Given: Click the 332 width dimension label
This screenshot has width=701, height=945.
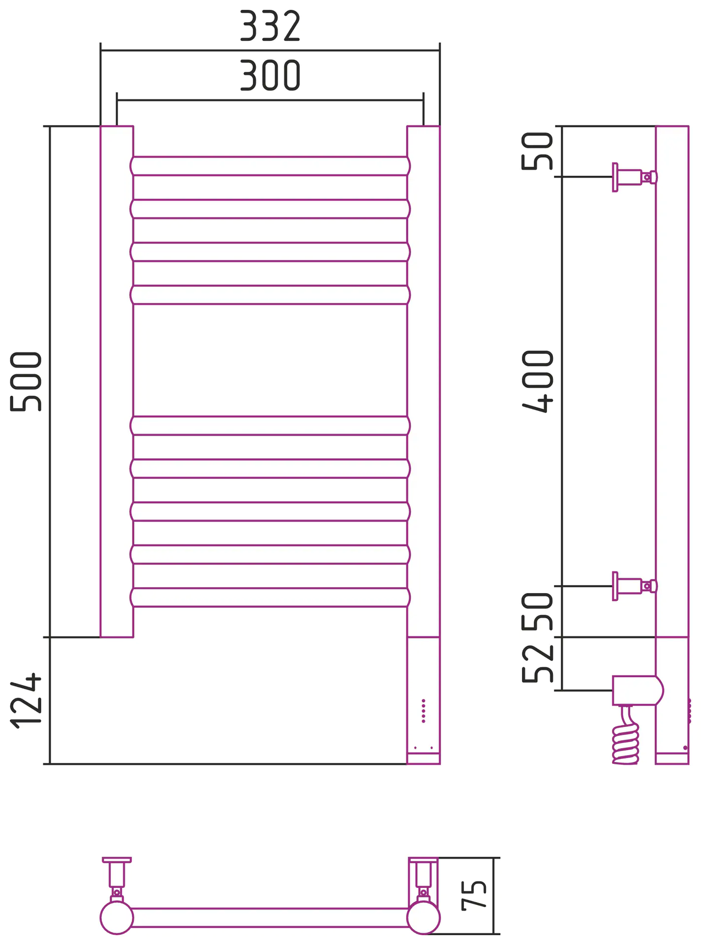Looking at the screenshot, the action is pyautogui.click(x=270, y=26).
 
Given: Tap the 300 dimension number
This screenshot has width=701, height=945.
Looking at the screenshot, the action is pyautogui.click(x=270, y=75).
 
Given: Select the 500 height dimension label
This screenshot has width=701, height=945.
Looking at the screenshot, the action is pyautogui.click(x=26, y=381).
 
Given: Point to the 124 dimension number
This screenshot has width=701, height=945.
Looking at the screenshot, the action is pyautogui.click(x=26, y=700).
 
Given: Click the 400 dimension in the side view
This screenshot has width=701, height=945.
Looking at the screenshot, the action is pyautogui.click(x=538, y=381).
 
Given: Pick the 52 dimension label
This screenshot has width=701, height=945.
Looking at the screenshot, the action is pyautogui.click(x=538, y=663).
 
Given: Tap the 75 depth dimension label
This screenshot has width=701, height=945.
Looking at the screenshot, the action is pyautogui.click(x=474, y=896).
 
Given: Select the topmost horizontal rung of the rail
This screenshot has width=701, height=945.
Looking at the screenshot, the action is pyautogui.click(x=270, y=166).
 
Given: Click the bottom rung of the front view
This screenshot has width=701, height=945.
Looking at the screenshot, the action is pyautogui.click(x=270, y=597).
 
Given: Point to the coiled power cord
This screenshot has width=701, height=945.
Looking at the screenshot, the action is pyautogui.click(x=626, y=738).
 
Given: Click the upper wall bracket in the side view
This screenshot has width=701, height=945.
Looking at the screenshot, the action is pyautogui.click(x=635, y=177).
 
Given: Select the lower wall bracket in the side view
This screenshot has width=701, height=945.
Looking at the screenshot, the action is pyautogui.click(x=635, y=586).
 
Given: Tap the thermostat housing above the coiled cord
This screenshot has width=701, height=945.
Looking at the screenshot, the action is pyautogui.click(x=638, y=690).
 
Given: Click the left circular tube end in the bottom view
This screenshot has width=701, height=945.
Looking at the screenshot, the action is pyautogui.click(x=117, y=917).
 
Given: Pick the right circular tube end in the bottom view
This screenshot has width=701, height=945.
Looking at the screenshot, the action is pyautogui.click(x=424, y=917).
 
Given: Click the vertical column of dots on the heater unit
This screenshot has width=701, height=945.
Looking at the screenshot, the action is pyautogui.click(x=423, y=711).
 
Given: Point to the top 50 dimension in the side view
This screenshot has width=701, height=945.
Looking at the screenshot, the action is pyautogui.click(x=538, y=151).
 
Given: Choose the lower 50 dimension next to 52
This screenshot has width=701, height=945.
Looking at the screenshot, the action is pyautogui.click(x=538, y=611).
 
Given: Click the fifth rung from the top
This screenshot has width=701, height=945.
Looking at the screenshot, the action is pyautogui.click(x=270, y=425).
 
